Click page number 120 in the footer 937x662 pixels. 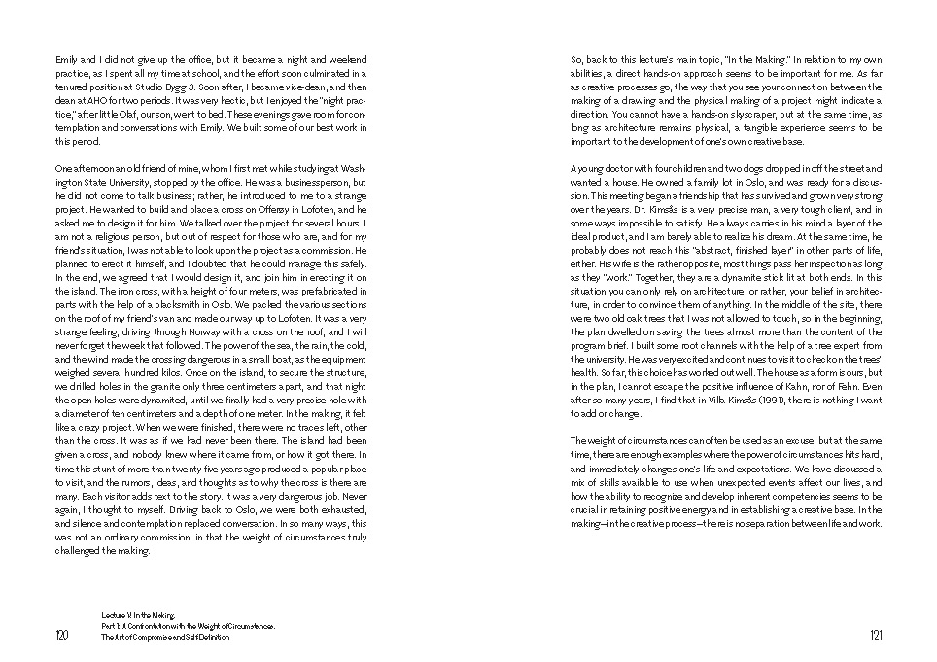point(62,636)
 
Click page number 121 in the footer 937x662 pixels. point(874,636)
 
